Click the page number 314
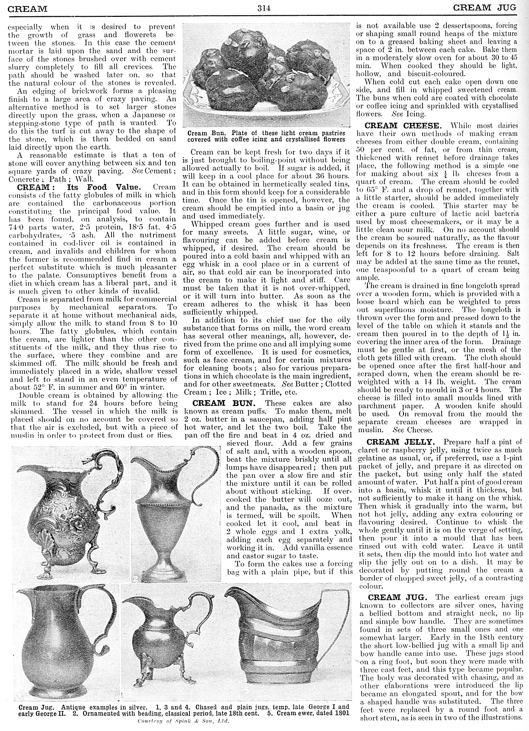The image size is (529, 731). pos(264,8)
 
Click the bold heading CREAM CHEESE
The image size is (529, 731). pos(402,126)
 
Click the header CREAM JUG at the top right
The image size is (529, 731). pos(484,8)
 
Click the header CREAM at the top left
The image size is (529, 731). pos(27,9)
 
